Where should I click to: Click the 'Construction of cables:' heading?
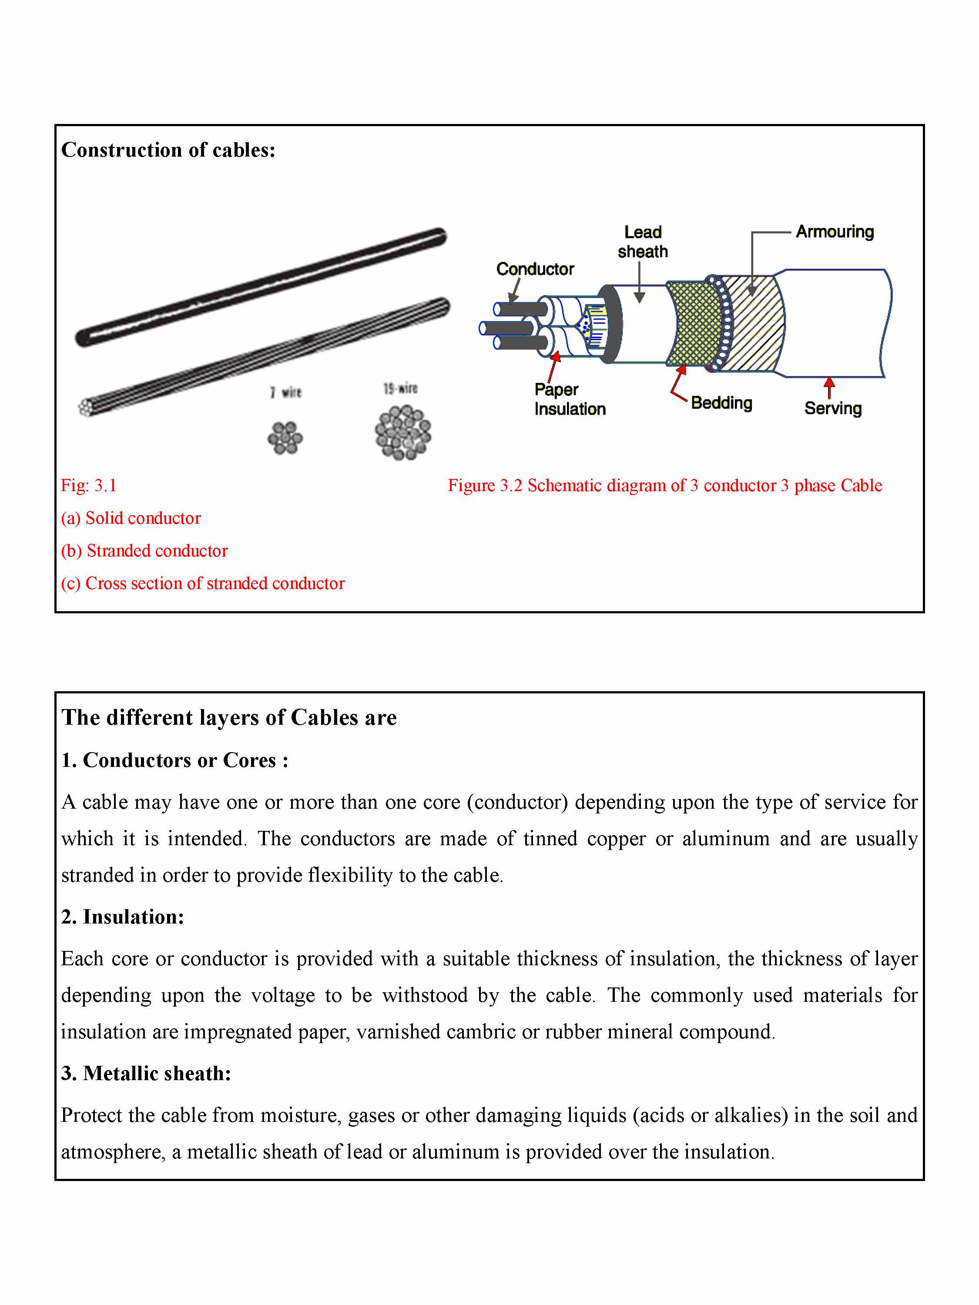coord(168,150)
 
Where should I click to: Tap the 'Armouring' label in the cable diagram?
coord(835,232)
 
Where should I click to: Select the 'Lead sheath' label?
coord(643,242)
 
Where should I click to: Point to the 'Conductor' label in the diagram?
coord(535,269)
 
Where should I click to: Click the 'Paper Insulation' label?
coord(570,399)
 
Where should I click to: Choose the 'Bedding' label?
coord(721,403)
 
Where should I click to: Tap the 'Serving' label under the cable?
coord(833,408)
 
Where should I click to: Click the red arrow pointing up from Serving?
coord(829,388)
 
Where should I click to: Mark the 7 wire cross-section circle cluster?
coord(285,438)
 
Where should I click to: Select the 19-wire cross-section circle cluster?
coord(403,432)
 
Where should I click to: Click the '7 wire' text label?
coord(286,392)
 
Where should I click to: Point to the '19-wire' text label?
coord(400,388)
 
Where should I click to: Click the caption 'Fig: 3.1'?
coord(88,485)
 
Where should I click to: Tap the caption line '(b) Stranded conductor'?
coord(144,550)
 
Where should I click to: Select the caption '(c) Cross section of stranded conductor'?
coord(203,583)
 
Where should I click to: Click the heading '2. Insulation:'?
coord(123,916)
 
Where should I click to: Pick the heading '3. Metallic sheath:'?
coord(146,1073)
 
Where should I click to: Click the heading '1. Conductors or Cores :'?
coord(174,760)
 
